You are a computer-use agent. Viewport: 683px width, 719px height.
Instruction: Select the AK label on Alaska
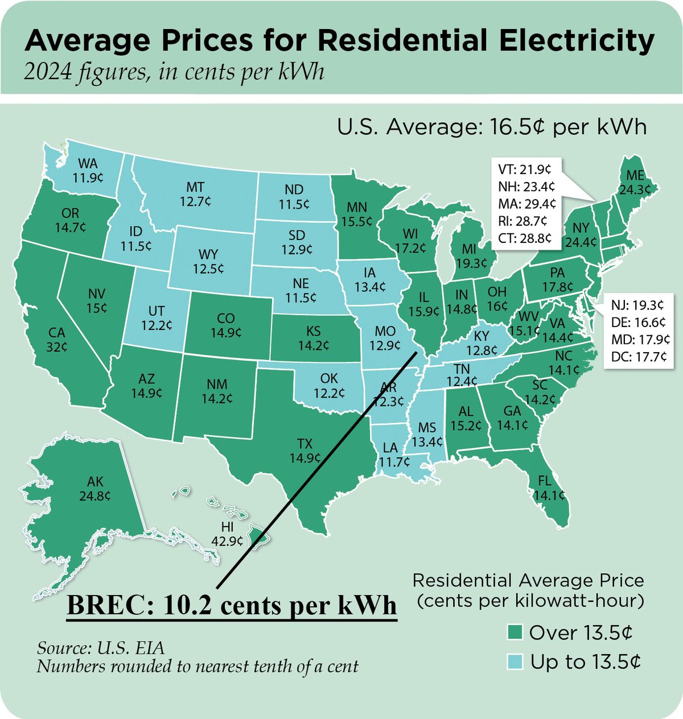[x=95, y=483]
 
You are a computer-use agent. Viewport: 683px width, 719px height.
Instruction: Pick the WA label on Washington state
[x=88, y=164]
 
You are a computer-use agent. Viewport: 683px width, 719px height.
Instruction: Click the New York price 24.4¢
[x=581, y=242]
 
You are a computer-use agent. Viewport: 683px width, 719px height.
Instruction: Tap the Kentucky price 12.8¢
[x=482, y=350]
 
